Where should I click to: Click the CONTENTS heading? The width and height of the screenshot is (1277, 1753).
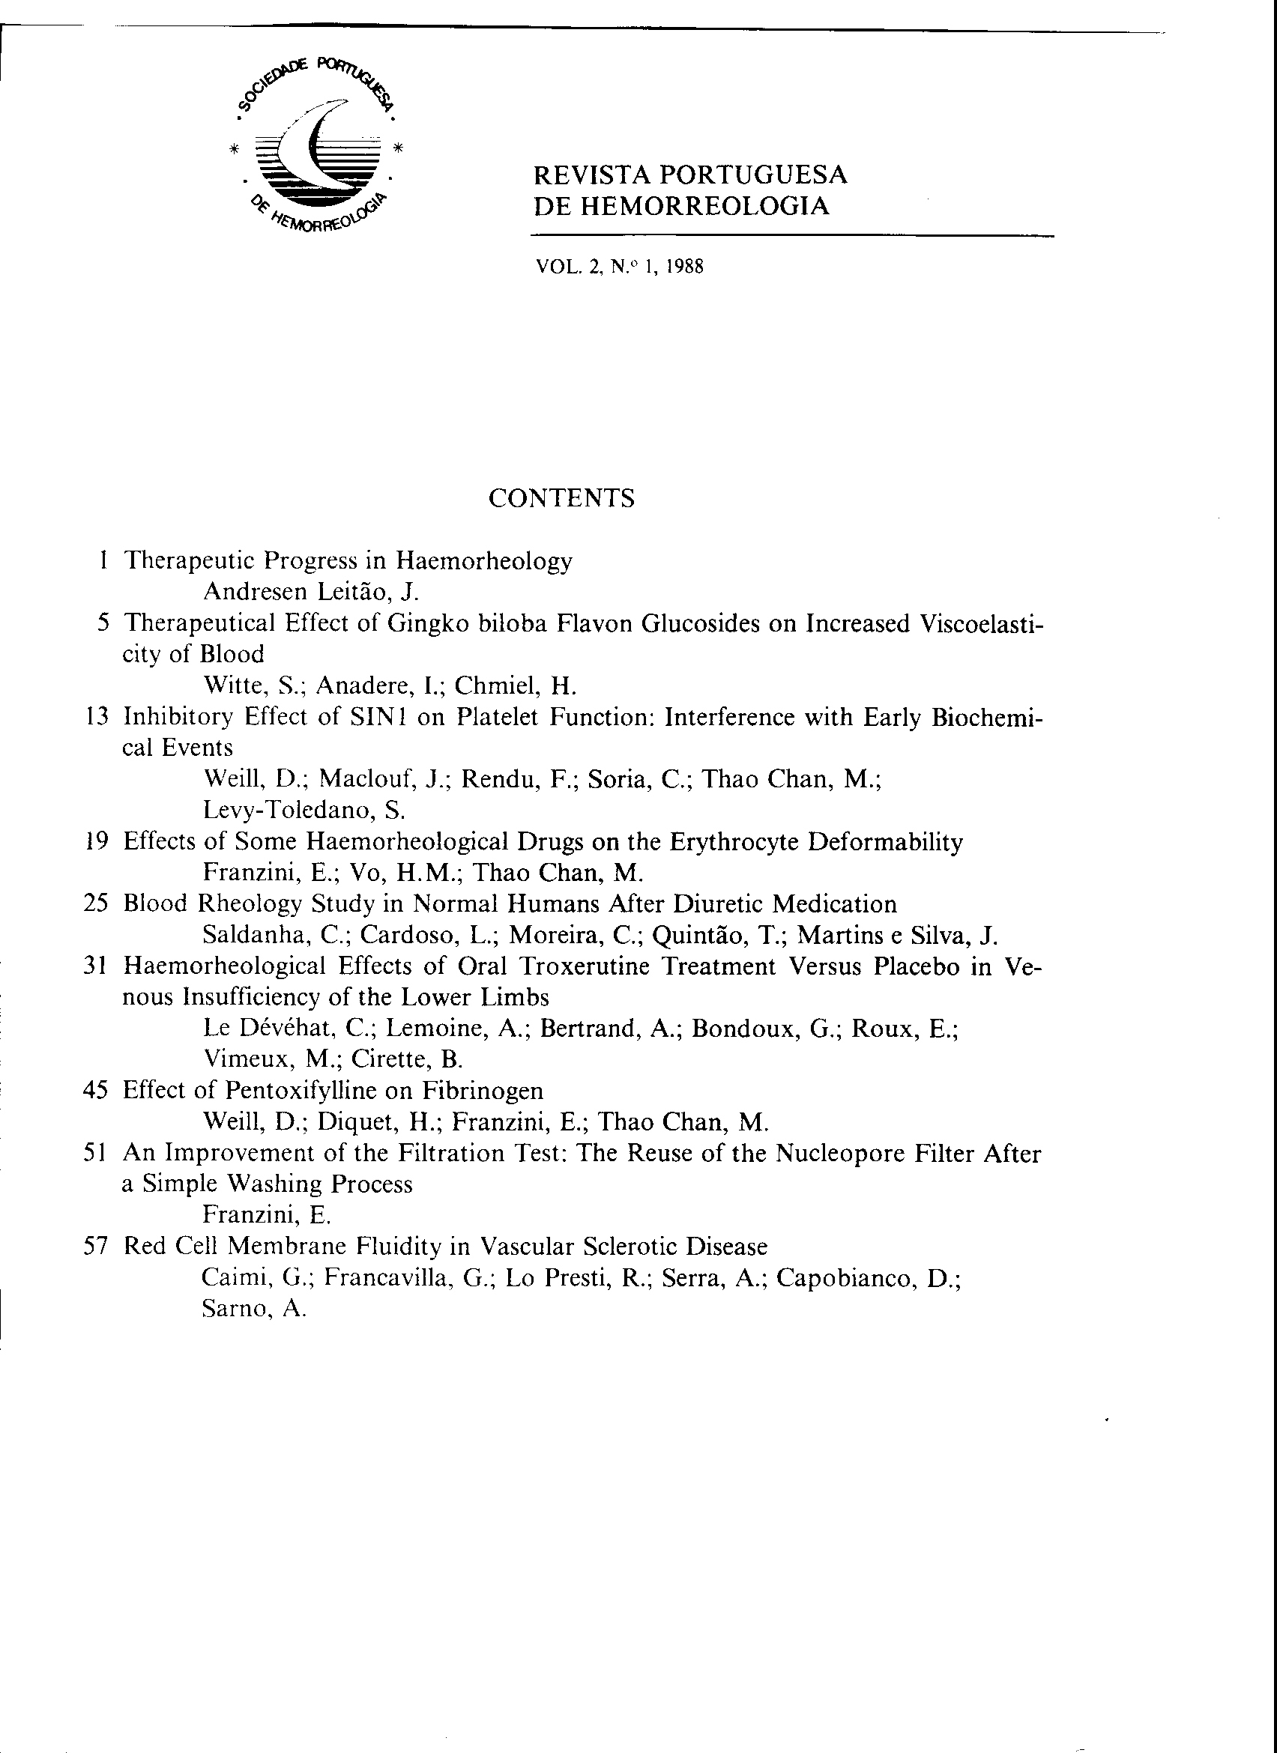click(x=561, y=498)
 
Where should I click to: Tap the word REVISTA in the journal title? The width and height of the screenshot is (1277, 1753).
click(x=593, y=175)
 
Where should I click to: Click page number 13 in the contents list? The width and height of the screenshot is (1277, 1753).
click(x=97, y=717)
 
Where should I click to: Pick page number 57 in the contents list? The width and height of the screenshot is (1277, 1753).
click(x=97, y=1247)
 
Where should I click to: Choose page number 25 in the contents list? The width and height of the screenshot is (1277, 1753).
click(x=97, y=904)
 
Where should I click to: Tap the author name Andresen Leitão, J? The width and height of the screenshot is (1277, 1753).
click(x=310, y=592)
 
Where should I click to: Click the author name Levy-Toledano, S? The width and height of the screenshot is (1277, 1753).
click(x=304, y=810)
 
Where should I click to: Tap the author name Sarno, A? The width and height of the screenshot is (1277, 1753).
click(x=253, y=1310)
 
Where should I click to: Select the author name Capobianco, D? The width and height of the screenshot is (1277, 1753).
click(x=867, y=1279)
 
